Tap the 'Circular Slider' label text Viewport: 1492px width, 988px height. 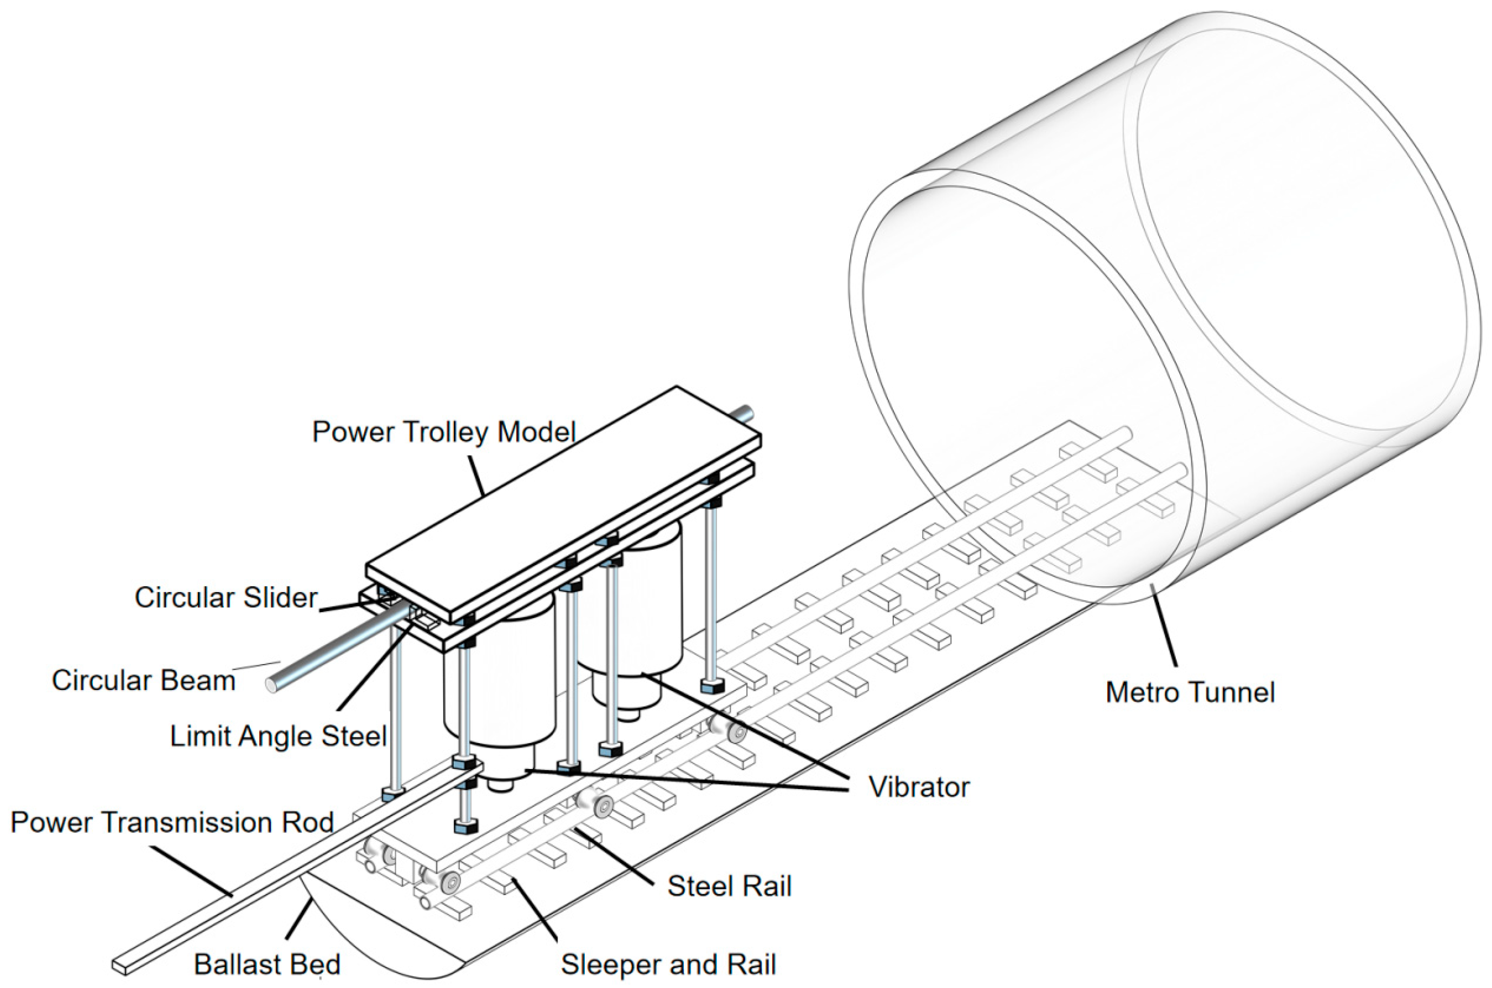[226, 597]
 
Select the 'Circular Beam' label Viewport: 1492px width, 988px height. [144, 681]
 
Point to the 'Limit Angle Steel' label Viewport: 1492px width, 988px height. [278, 736]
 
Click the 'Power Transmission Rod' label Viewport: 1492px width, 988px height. [171, 823]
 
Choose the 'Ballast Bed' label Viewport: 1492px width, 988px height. [267, 964]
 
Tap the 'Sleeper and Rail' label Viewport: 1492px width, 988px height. [668, 964]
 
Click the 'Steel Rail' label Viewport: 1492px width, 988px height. [729, 887]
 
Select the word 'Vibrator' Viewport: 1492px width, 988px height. [919, 787]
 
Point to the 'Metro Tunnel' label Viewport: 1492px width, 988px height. [1190, 692]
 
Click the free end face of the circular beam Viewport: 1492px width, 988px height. [272, 685]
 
